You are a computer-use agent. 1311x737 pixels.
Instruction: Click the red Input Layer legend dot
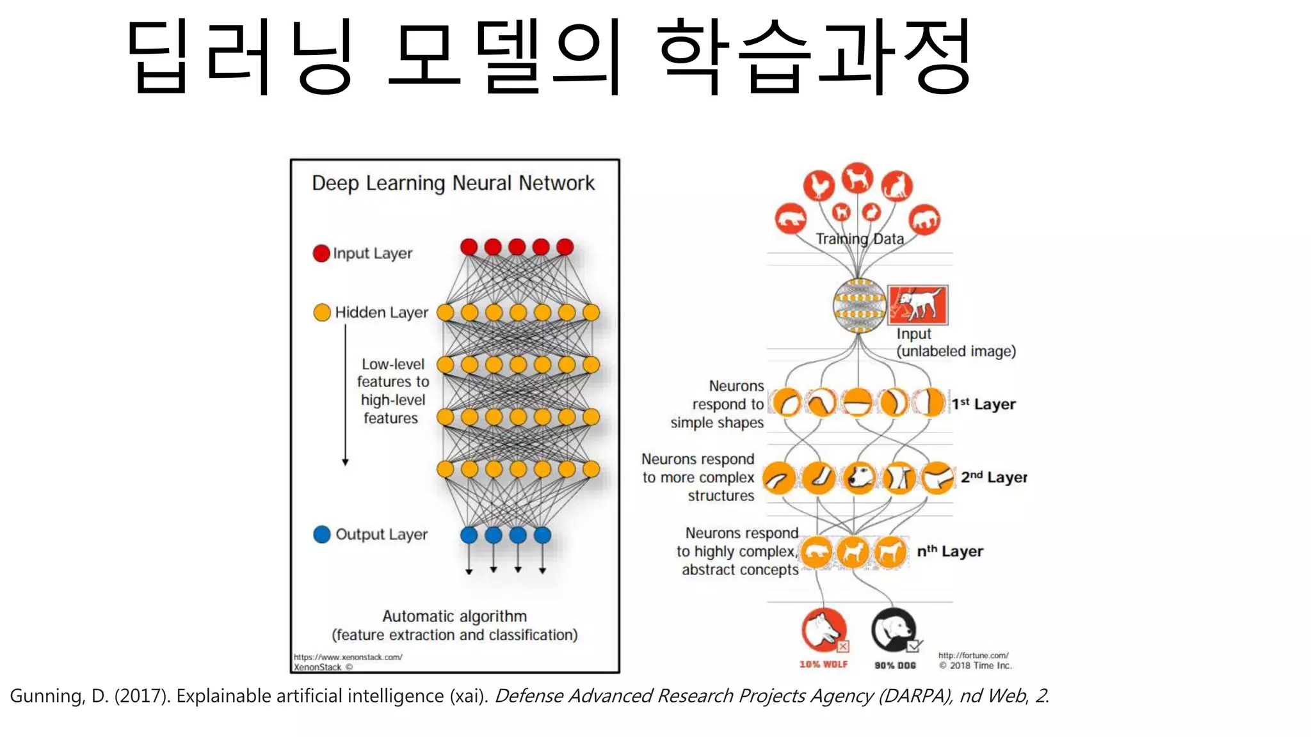pyautogui.click(x=321, y=253)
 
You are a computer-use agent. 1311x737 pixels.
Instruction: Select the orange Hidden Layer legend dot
pyautogui.click(x=322, y=312)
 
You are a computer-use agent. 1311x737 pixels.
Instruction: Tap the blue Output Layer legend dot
pyautogui.click(x=322, y=534)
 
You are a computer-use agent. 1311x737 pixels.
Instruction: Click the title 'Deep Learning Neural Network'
pyautogui.click(x=453, y=184)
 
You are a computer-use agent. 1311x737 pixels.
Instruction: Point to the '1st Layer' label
pyautogui.click(x=983, y=404)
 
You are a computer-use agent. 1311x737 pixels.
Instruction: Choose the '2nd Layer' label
pyautogui.click(x=993, y=477)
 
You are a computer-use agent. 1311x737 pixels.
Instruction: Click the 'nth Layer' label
pyautogui.click(x=950, y=551)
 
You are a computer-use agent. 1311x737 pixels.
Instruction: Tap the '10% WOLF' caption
pyautogui.click(x=823, y=665)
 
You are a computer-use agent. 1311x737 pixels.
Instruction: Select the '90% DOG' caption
pyautogui.click(x=895, y=665)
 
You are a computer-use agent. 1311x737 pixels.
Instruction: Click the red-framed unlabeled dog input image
pyautogui.click(x=918, y=305)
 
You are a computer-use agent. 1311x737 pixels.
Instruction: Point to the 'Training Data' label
pyautogui.click(x=860, y=239)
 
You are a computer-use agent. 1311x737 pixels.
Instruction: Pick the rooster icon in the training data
pyautogui.click(x=819, y=186)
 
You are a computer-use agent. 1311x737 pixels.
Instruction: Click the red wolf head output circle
pyautogui.click(x=824, y=630)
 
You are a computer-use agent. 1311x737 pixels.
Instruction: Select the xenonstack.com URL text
pyautogui.click(x=348, y=657)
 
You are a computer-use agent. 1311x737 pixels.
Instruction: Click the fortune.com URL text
pyautogui.click(x=973, y=656)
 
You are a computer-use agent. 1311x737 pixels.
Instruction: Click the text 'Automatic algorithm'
pyautogui.click(x=454, y=617)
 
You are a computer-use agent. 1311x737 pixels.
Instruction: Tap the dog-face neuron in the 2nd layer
pyautogui.click(x=859, y=478)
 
